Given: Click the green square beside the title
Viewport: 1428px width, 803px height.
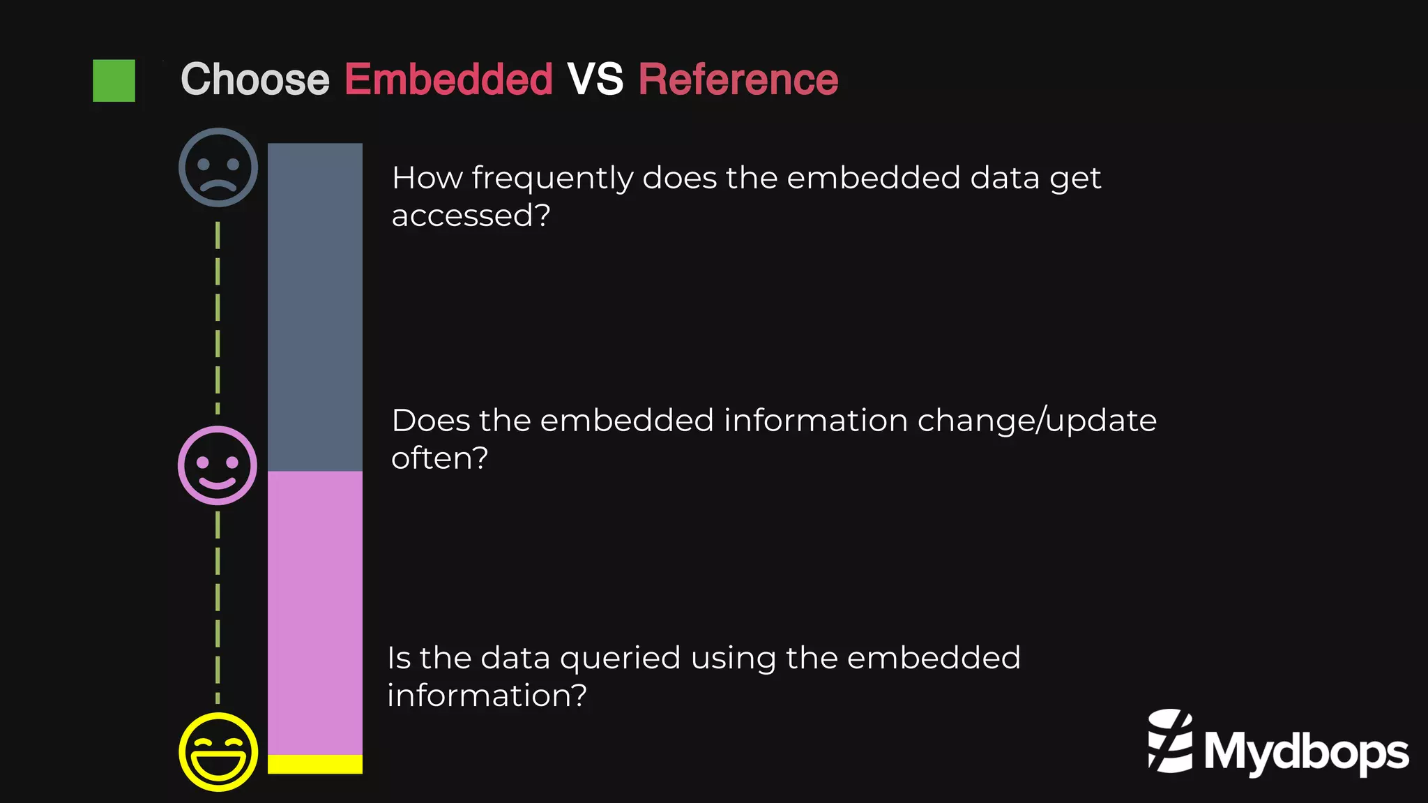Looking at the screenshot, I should click(x=114, y=81).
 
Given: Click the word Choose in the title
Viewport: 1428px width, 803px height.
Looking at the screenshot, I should click(x=255, y=80).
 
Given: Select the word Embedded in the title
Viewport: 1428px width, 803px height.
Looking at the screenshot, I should click(x=448, y=80).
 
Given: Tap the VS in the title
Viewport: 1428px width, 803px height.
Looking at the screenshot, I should click(x=595, y=80).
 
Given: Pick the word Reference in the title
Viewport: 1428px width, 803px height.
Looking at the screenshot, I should click(x=738, y=80).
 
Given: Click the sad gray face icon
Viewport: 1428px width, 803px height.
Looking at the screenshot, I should click(x=218, y=167).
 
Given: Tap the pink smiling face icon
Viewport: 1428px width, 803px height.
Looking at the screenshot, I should click(x=218, y=465).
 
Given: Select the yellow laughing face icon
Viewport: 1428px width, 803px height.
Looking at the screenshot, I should click(x=218, y=751).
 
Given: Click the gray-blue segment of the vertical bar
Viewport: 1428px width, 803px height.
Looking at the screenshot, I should click(x=315, y=307).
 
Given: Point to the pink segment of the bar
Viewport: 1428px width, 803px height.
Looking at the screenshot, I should click(x=315, y=613).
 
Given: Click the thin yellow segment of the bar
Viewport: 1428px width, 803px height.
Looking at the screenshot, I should click(x=315, y=764).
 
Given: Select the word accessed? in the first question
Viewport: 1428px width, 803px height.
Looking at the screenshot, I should click(x=471, y=216).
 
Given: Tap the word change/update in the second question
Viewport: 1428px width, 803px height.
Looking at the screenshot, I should click(x=1037, y=421).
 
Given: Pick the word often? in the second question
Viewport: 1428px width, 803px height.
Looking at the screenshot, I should click(x=439, y=458).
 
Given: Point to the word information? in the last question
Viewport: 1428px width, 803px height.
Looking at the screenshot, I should click(x=487, y=696).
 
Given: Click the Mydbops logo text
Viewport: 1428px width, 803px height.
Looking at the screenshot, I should click(x=1306, y=752).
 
